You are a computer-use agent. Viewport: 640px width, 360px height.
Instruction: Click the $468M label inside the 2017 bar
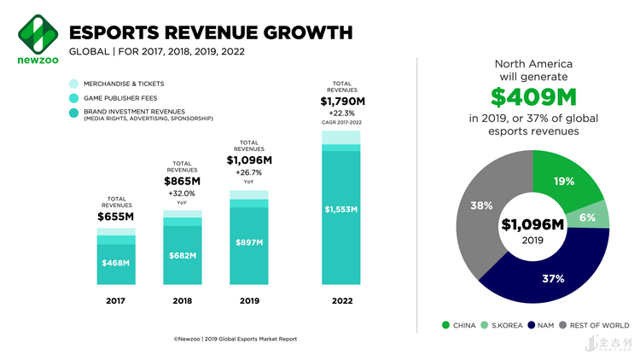click(115, 263)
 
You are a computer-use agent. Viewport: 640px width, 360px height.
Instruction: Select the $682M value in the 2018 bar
click(182, 255)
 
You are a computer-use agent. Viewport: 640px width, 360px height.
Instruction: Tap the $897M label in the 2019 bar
click(248, 243)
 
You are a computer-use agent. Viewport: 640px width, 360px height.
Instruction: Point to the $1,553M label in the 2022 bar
click(340, 209)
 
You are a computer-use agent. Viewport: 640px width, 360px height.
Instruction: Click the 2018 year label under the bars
click(182, 301)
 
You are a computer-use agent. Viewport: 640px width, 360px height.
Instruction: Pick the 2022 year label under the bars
click(340, 301)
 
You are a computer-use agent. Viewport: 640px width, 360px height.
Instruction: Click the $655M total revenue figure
click(115, 217)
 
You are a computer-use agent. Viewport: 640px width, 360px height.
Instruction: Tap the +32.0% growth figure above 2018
click(182, 193)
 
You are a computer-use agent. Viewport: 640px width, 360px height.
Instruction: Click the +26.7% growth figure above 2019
click(248, 171)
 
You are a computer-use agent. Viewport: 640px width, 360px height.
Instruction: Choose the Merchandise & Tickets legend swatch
click(73, 84)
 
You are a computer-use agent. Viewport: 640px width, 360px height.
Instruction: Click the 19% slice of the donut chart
click(564, 182)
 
